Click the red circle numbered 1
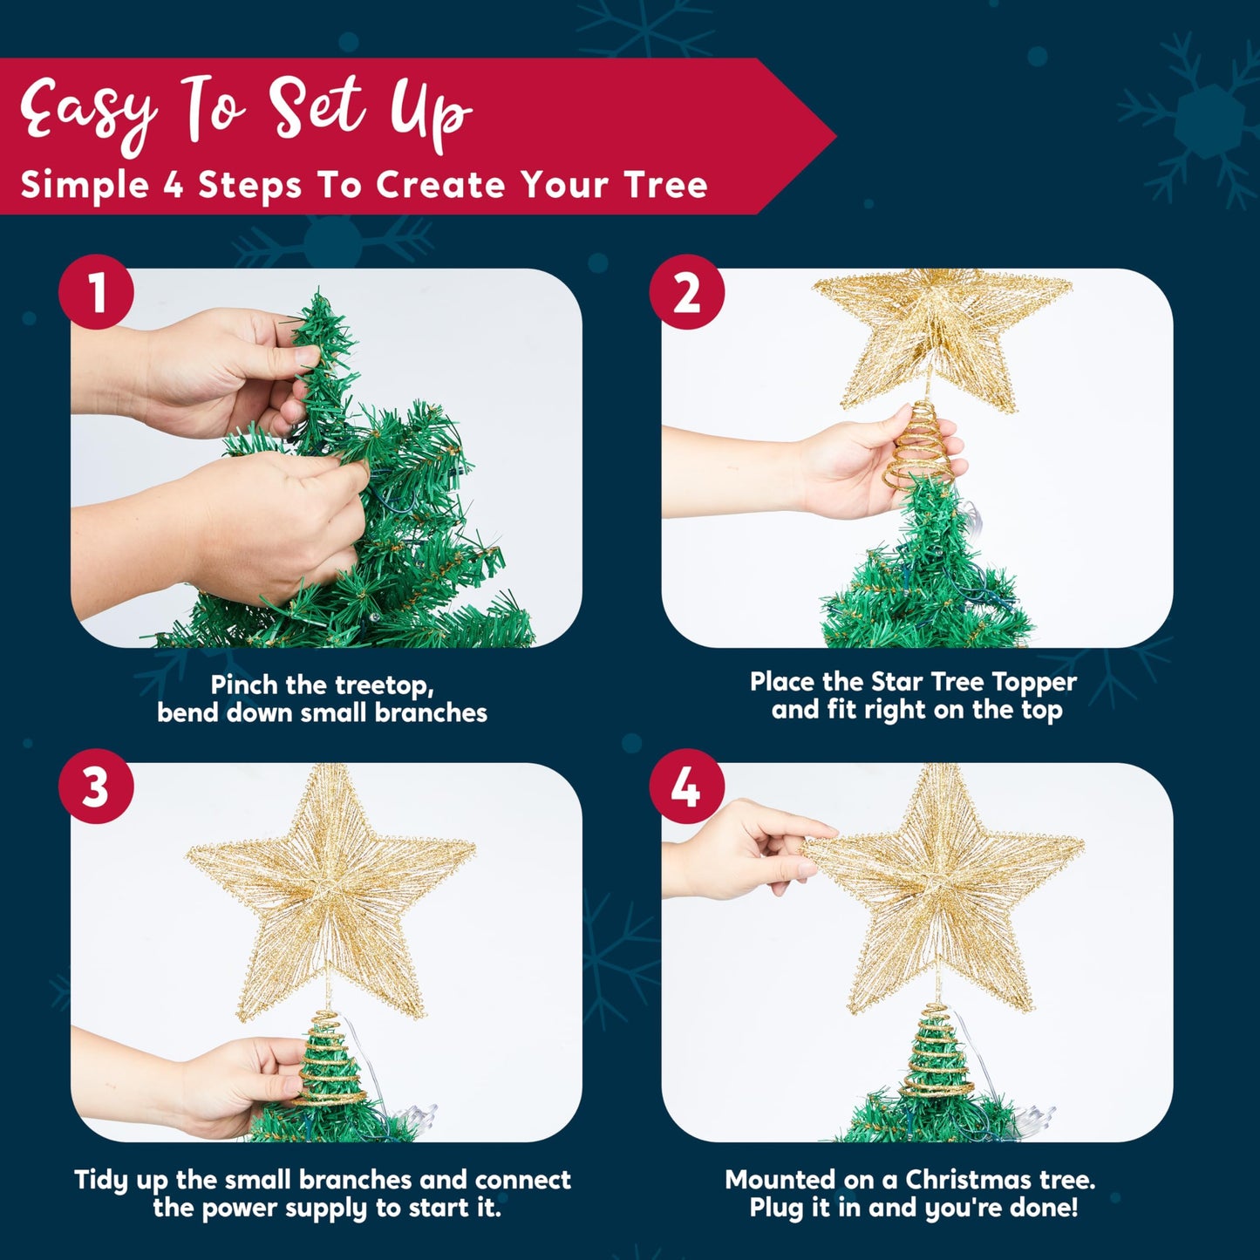pos(96,292)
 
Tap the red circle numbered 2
pos(686,292)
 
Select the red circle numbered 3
pos(96,787)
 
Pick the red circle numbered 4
pos(686,787)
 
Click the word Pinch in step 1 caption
pos(245,684)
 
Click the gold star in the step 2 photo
pos(942,331)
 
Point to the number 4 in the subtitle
pos(173,185)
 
